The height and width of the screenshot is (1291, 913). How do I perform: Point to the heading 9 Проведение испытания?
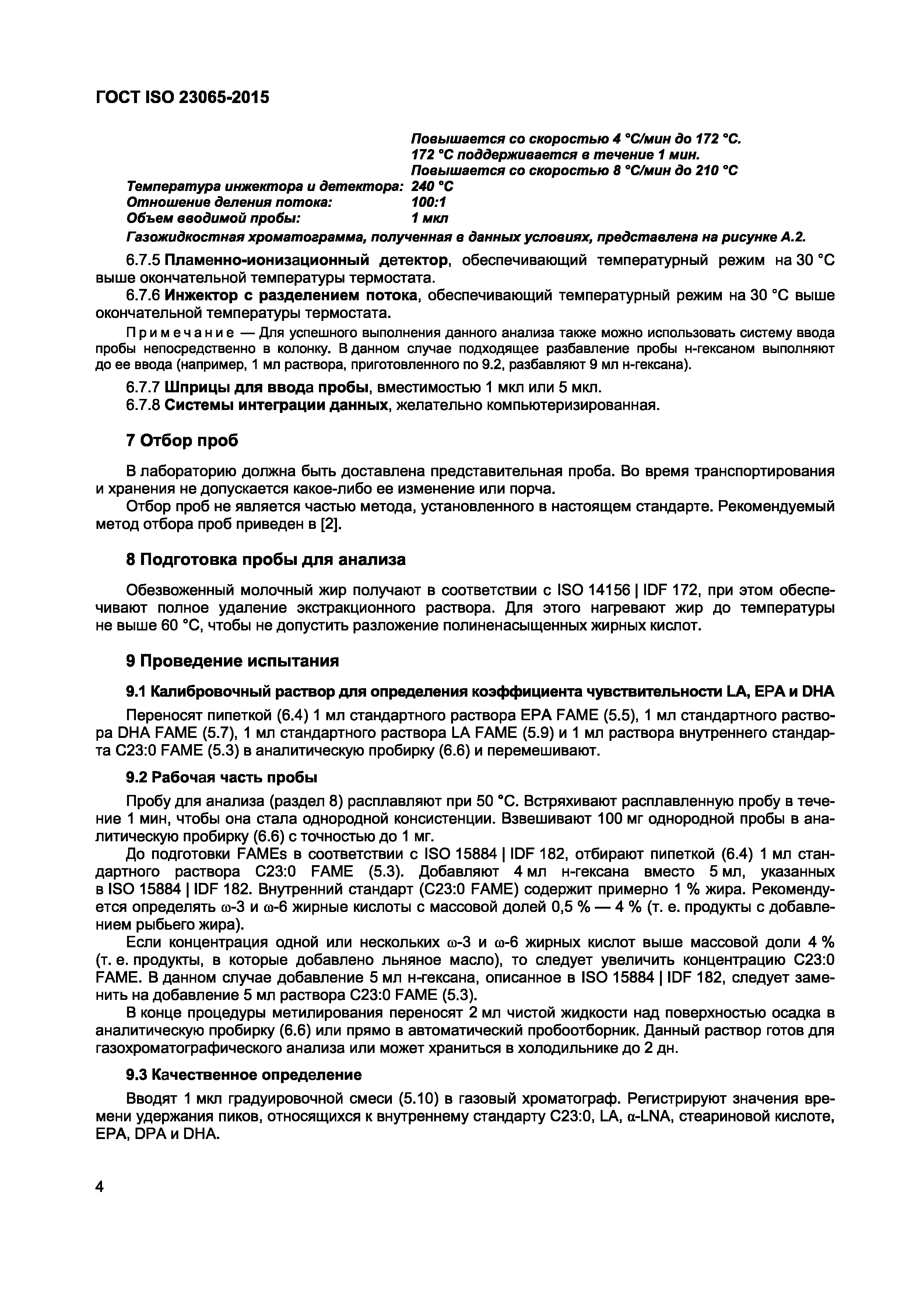(232, 661)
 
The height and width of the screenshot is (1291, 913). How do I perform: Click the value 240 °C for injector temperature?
(432, 186)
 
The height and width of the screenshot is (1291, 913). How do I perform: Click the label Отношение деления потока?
(230, 202)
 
